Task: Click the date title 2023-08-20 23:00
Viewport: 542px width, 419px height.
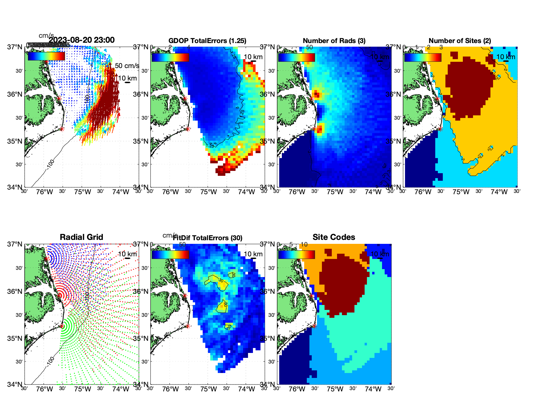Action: tap(81, 40)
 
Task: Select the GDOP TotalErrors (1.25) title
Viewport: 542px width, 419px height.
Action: tap(207, 41)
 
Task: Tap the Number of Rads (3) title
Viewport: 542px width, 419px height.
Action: tap(334, 41)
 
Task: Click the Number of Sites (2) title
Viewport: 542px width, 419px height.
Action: tap(460, 41)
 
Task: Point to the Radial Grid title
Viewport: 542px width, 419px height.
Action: tap(81, 237)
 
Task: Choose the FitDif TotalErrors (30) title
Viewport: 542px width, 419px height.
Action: tap(208, 238)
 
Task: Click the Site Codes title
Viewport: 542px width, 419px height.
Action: tap(334, 237)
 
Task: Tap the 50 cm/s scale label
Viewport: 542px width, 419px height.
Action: tap(127, 66)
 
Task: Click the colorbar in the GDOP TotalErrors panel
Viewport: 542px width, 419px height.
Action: tap(170, 57)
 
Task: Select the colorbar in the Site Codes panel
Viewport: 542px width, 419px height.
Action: tap(296, 255)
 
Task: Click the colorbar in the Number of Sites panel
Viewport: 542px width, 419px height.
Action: tap(423, 57)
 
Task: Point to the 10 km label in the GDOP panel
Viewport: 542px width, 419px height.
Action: tap(253, 57)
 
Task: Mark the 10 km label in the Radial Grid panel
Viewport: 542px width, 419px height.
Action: tap(127, 254)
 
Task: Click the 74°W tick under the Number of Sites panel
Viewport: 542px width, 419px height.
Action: tap(499, 192)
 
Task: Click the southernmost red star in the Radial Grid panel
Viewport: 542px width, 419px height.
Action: tap(62, 326)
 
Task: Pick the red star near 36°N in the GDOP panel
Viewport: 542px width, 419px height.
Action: tap(185, 98)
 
